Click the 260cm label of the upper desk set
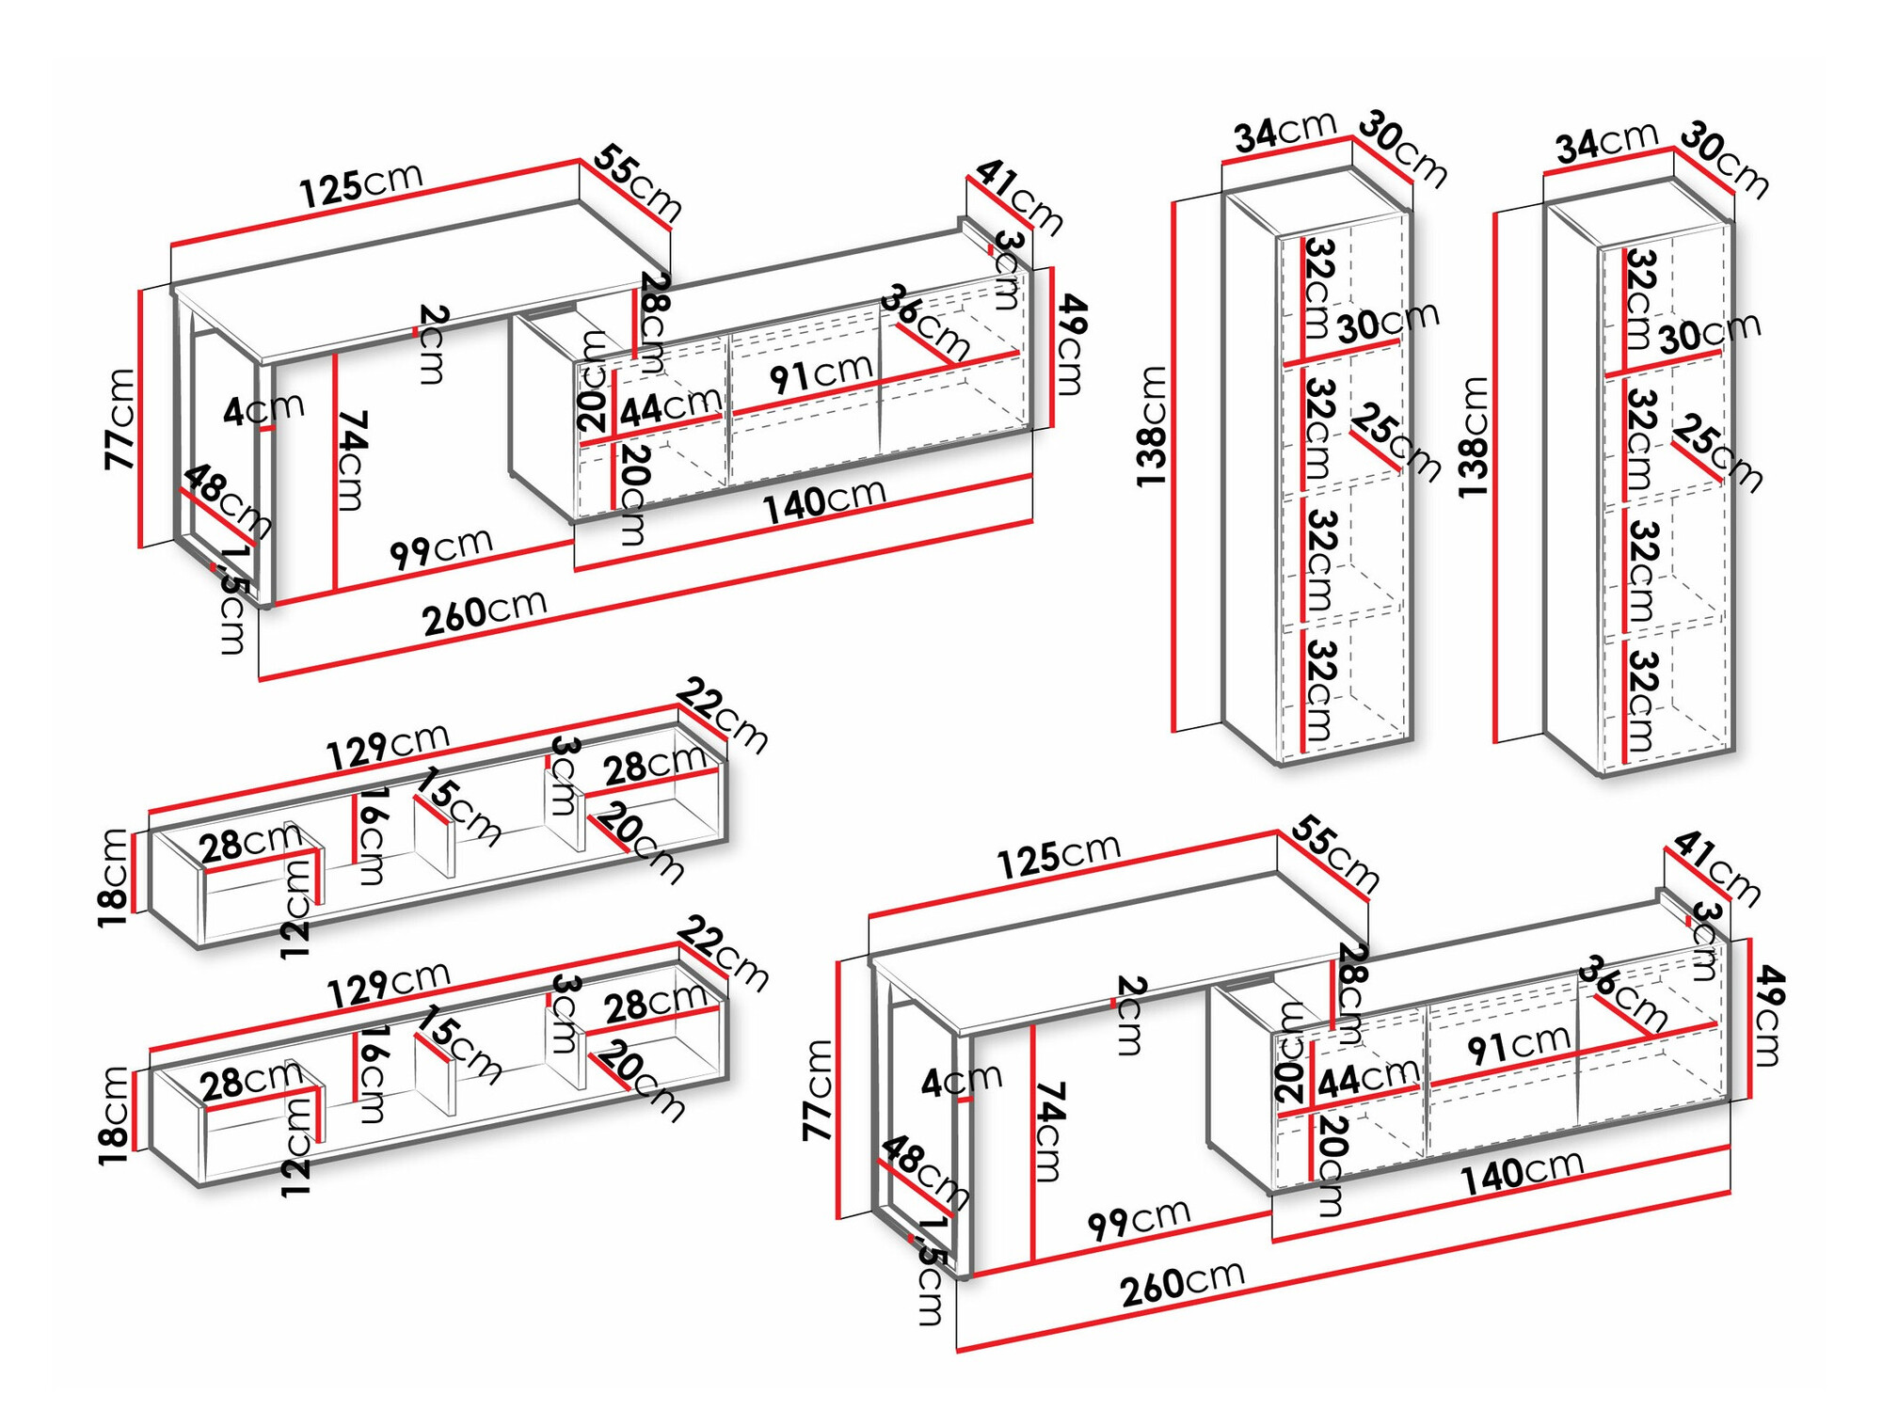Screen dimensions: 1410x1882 click(x=484, y=612)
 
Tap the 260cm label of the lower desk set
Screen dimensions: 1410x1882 click(x=1182, y=1284)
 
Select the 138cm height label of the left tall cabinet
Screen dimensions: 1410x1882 click(x=1152, y=426)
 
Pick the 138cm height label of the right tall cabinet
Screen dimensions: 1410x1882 click(x=1473, y=438)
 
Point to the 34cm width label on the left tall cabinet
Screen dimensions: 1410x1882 click(x=1285, y=131)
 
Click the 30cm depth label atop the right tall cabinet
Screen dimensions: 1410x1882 click(x=1724, y=159)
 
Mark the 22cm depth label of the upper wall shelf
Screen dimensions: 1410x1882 click(x=723, y=714)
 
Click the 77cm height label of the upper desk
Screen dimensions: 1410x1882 click(x=120, y=419)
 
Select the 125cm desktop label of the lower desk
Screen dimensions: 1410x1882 click(x=1059, y=856)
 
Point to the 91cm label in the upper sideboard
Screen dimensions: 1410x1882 click(x=821, y=374)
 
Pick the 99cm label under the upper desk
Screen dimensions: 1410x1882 click(x=441, y=548)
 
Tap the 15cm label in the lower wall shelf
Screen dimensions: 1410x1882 click(x=458, y=1044)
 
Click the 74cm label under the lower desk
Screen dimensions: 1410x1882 click(x=1048, y=1131)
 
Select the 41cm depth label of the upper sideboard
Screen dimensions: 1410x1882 click(x=1019, y=197)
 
